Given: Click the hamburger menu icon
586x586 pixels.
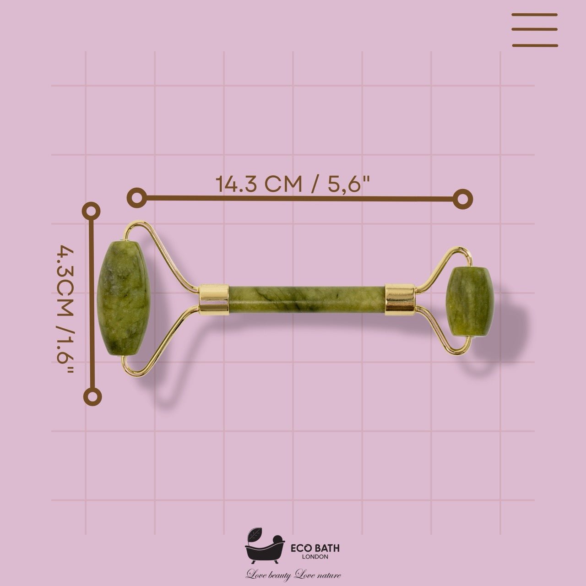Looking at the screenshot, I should coord(534,30).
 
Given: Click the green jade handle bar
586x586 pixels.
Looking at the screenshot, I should coord(306,300).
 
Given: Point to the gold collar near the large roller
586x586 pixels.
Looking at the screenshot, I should coord(214,300).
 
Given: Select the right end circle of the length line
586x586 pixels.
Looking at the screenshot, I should coord(463,199).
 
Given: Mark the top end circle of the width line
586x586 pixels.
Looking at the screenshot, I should coord(91,211).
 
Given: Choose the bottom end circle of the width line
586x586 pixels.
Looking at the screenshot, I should coord(93,396).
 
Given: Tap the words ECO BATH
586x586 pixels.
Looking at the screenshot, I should coord(315,548).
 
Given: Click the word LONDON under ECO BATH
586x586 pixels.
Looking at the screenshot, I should coord(315,557).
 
